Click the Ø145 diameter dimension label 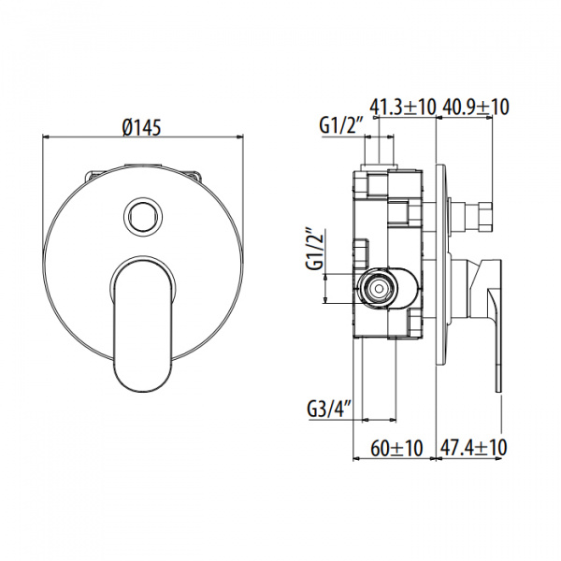click(144, 128)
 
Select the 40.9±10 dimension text click(475, 108)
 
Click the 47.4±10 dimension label click(472, 449)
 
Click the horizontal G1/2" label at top click(340, 124)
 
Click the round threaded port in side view click(378, 288)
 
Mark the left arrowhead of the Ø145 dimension click(46, 141)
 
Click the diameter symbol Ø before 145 click(128, 128)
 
